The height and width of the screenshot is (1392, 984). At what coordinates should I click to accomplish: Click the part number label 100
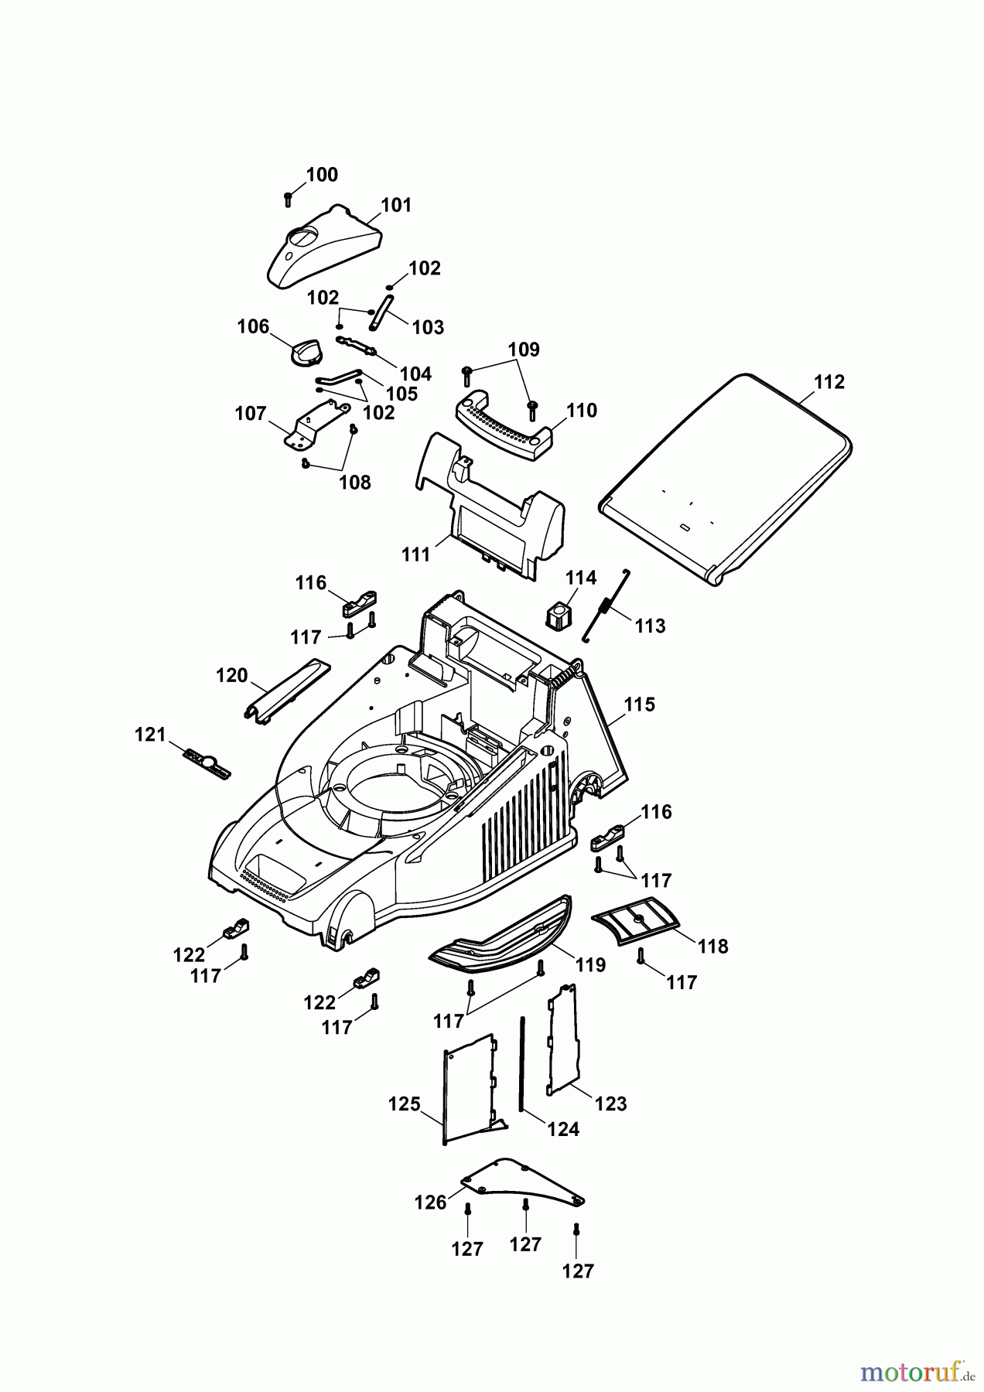(x=322, y=175)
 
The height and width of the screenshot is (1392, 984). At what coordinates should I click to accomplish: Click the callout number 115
(x=639, y=705)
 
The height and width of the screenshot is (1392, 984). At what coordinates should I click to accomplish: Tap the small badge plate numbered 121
(x=207, y=763)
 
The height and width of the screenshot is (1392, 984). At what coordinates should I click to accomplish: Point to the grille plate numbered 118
(x=636, y=918)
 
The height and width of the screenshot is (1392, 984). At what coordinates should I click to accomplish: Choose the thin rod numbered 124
(x=524, y=1064)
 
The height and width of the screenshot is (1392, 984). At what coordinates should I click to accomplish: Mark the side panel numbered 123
(x=563, y=1039)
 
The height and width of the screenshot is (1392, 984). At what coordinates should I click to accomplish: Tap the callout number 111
(x=415, y=554)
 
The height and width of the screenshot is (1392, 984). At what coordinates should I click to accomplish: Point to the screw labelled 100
(x=288, y=198)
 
